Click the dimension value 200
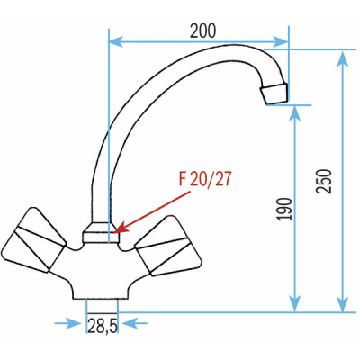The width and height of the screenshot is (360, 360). [203, 29]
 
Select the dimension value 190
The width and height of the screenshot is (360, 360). [284, 210]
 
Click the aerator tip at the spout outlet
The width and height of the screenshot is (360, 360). [274, 91]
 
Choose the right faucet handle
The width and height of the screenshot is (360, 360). [166, 242]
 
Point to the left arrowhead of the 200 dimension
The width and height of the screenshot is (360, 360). [112, 40]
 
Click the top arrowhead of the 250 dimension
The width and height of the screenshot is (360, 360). [342, 57]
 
